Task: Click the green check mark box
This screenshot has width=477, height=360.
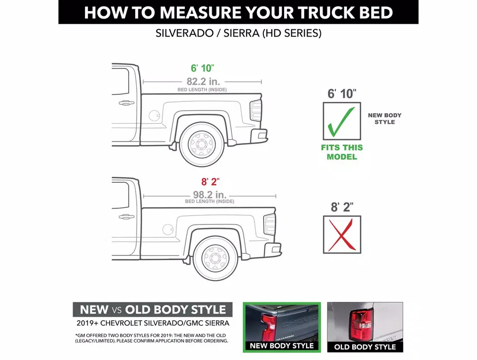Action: pyautogui.click(x=341, y=121)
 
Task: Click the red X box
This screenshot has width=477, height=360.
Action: pyautogui.click(x=342, y=234)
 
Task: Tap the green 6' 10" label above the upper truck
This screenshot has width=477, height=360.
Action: pyautogui.click(x=203, y=68)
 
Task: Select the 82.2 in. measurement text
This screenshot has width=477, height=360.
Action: pyautogui.click(x=203, y=81)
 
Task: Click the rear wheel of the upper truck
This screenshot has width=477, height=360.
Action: pyautogui.click(x=202, y=144)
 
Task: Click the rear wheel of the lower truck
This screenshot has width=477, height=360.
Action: pyautogui.click(x=216, y=258)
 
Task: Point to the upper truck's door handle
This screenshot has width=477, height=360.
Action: pyautogui.click(x=126, y=103)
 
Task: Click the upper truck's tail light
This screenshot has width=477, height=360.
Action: pyautogui.click(x=255, y=110)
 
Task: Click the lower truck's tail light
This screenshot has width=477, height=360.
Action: pyautogui.click(x=269, y=224)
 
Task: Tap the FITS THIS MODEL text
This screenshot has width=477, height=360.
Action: pyautogui.click(x=342, y=152)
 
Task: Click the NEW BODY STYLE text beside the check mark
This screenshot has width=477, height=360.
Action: pyautogui.click(x=385, y=118)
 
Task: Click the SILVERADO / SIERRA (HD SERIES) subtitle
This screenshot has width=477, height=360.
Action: pyautogui.click(x=238, y=34)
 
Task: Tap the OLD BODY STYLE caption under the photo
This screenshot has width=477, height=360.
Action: pyautogui.click(x=365, y=346)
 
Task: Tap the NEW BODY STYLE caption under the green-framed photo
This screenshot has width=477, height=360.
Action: pyautogui.click(x=282, y=346)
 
